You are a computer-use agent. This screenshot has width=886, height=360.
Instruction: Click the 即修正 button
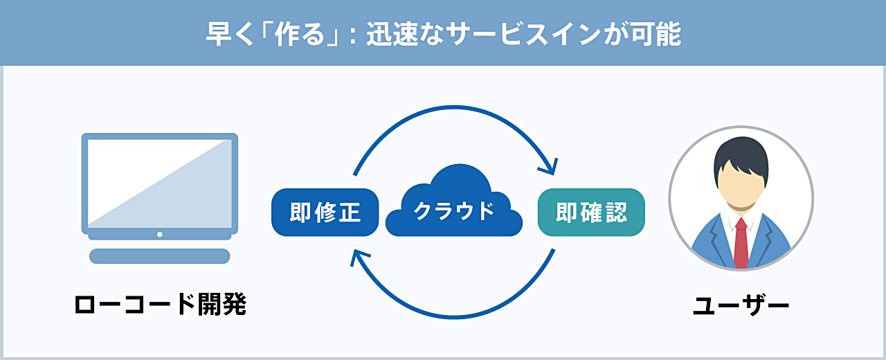pos(325,213)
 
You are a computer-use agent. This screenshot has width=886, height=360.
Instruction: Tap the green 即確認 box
pos(591,213)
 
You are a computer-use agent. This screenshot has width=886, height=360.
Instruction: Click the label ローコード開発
pos(160,305)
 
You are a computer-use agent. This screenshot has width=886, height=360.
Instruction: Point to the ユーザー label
pos(741,305)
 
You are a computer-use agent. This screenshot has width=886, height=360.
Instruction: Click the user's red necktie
pos(741,243)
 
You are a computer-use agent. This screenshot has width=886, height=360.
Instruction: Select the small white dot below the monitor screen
pos(160,234)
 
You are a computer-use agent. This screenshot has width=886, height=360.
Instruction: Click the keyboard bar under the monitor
pos(160,256)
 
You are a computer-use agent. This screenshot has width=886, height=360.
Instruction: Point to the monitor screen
pos(160,183)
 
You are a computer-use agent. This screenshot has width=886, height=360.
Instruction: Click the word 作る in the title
pos(300,35)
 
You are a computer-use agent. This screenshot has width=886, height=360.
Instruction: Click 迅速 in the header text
pos(392,35)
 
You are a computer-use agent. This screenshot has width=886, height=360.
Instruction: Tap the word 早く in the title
pos(230,35)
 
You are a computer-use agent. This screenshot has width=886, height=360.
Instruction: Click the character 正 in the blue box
pos(348,213)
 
